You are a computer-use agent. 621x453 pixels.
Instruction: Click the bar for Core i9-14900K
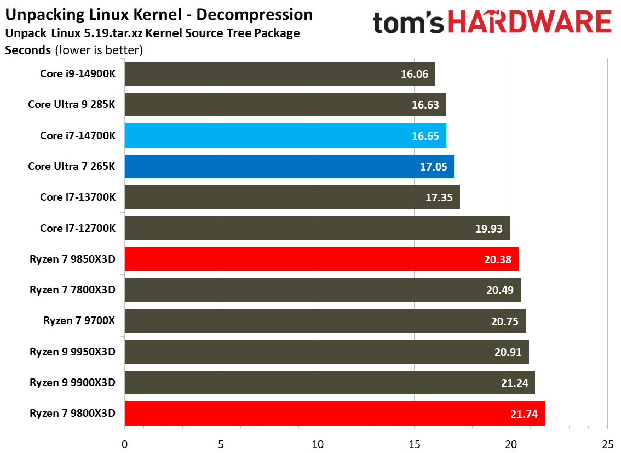(279, 73)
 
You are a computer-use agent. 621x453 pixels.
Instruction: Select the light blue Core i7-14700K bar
(285, 135)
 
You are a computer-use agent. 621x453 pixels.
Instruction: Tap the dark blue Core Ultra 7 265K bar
(289, 166)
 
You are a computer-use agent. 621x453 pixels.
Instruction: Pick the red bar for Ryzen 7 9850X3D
(321, 259)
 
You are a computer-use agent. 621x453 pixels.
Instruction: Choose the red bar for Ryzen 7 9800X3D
(334, 414)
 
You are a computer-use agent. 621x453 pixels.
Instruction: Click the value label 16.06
(415, 74)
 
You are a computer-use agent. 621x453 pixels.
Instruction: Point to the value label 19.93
(489, 229)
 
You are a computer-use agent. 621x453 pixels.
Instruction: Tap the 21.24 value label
(514, 383)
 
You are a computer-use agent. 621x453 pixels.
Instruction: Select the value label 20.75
(505, 321)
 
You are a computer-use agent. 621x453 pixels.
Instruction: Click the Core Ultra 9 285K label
(72, 104)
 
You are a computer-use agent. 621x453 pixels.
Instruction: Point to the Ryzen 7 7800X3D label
(73, 290)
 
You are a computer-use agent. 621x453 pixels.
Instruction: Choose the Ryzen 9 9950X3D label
(73, 352)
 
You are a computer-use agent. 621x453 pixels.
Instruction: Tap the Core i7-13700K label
(78, 197)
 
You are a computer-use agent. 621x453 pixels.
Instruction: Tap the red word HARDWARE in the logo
(531, 22)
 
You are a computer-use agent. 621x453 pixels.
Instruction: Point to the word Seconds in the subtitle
(27, 50)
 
